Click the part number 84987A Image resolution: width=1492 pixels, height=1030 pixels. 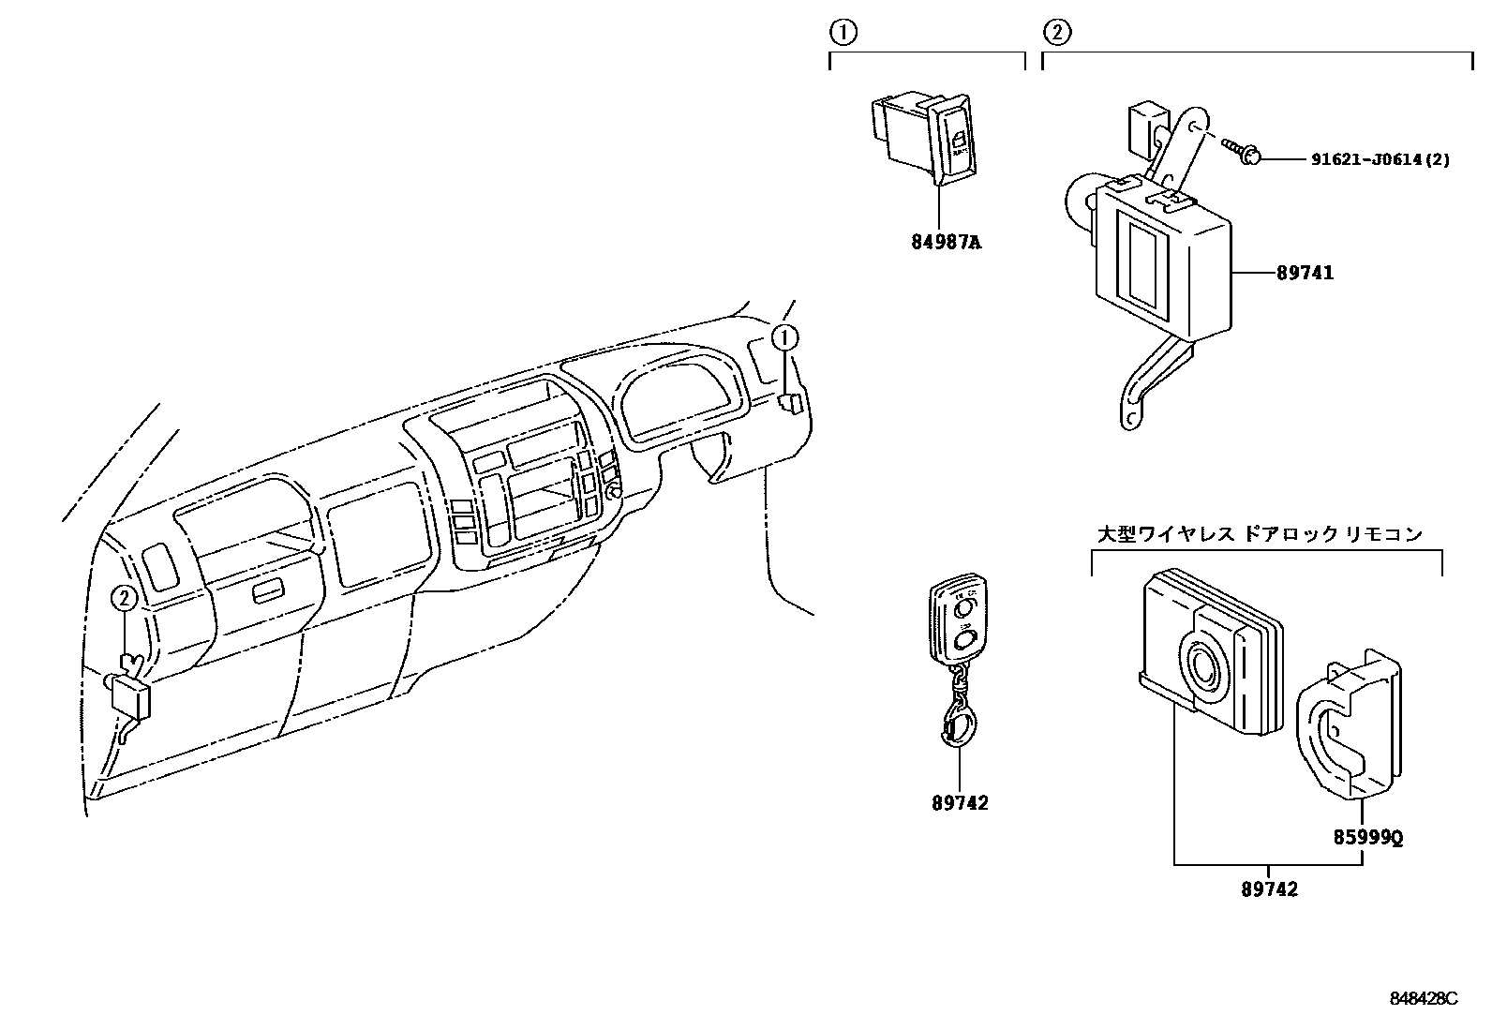pyautogui.click(x=946, y=243)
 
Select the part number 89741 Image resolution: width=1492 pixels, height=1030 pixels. pyautogui.click(x=1304, y=273)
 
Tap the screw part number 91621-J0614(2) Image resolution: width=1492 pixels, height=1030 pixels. pyautogui.click(x=1380, y=160)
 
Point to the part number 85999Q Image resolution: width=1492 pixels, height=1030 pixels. pyautogui.click(x=1368, y=838)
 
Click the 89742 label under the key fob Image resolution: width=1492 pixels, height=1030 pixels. pyautogui.click(x=960, y=803)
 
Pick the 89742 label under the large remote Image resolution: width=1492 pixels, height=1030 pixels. pyautogui.click(x=1270, y=889)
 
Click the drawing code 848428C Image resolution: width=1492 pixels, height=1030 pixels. pyautogui.click(x=1424, y=999)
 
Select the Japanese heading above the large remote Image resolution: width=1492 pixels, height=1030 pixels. pyautogui.click(x=1260, y=534)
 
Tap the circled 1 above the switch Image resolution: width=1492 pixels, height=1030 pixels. pyautogui.click(x=843, y=33)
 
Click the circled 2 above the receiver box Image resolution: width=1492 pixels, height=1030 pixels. pyautogui.click(x=1056, y=33)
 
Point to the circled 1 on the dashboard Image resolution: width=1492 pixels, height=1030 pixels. pyautogui.click(x=784, y=337)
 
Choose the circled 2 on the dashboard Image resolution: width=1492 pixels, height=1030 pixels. pyautogui.click(x=125, y=598)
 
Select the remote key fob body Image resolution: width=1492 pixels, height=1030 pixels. pyautogui.click(x=958, y=624)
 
